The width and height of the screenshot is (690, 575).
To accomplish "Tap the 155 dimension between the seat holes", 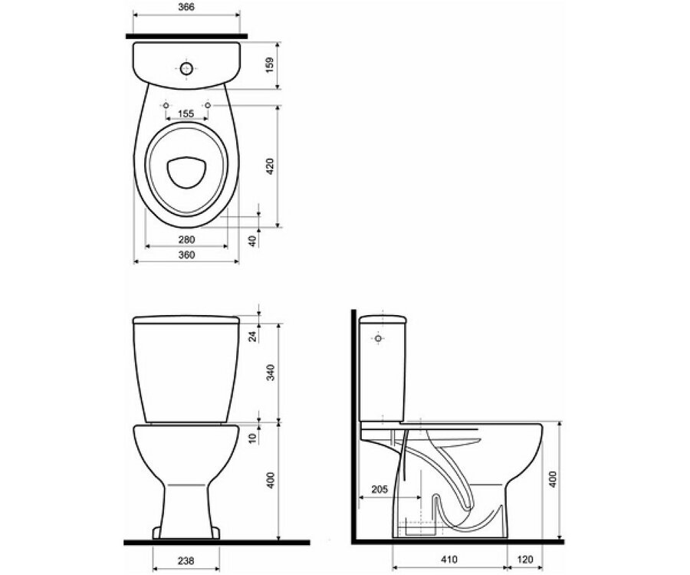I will coord(186,113).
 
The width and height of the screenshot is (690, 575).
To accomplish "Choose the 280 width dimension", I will coord(186,240).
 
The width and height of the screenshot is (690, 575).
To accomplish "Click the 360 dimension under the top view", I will coord(186,255).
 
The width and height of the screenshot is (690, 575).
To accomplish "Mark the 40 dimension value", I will coord(252,240).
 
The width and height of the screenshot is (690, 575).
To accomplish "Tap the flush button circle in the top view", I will coord(186,69).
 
